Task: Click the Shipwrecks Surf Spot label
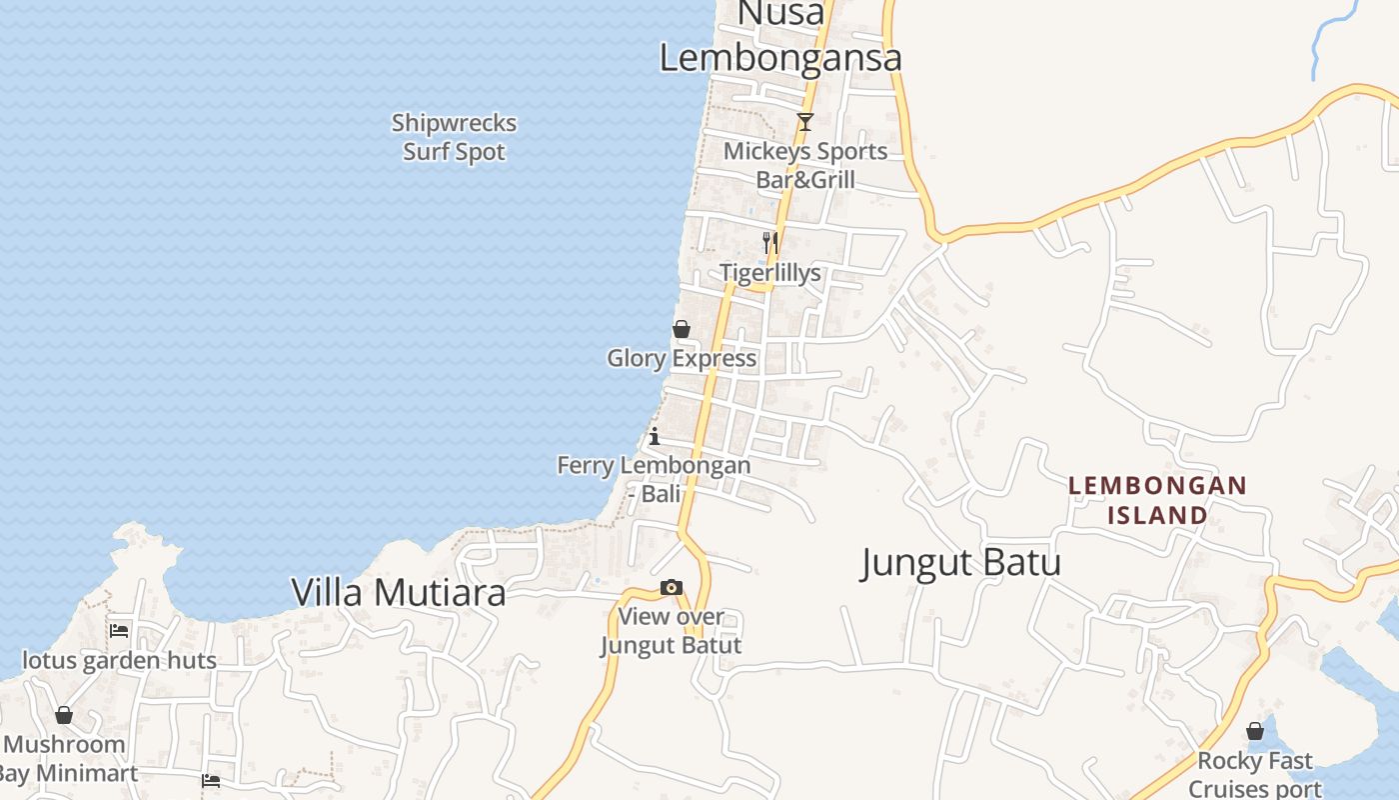455,138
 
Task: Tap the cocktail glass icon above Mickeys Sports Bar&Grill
804,122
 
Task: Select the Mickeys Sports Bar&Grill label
805,166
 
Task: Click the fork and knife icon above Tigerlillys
769,242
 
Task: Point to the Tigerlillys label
770,273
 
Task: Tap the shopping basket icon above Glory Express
682,329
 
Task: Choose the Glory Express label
682,358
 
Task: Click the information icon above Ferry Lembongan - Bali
655,436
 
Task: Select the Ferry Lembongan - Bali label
654,479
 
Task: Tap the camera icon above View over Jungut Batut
672,587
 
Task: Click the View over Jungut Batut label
672,631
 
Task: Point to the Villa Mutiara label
398,592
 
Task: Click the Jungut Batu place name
960,563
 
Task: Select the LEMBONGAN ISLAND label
1157,501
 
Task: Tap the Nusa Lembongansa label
780,40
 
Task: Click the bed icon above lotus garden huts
120,630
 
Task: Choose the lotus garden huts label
120,661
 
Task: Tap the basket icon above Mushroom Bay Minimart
64,715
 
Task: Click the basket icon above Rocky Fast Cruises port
1255,731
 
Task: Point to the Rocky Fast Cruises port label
1255,775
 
